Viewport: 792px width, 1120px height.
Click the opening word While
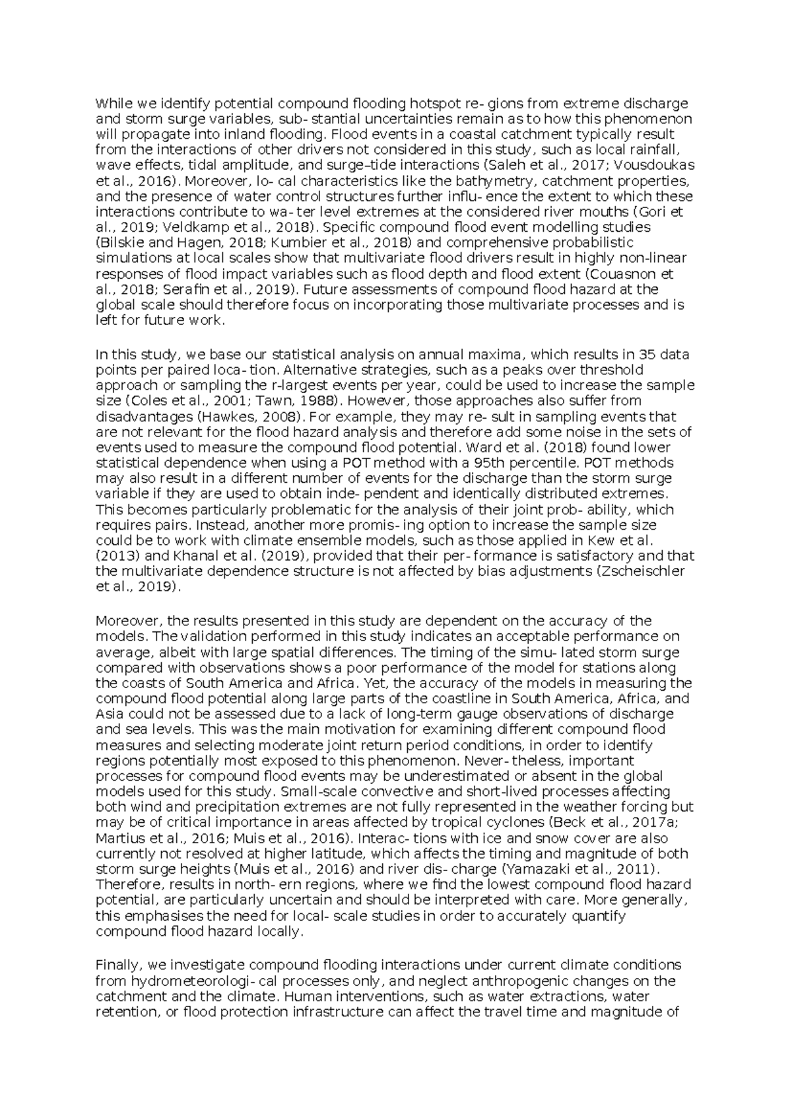point(113,104)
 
